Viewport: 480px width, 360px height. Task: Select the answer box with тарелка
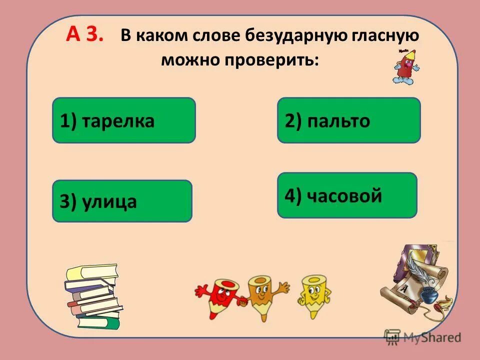(124, 120)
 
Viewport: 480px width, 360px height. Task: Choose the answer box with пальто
(349, 120)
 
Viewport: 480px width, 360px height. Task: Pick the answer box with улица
(122, 201)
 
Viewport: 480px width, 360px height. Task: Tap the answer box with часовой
(347, 195)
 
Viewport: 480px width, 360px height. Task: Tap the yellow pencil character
(314, 295)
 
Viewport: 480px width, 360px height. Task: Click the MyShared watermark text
(433, 337)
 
